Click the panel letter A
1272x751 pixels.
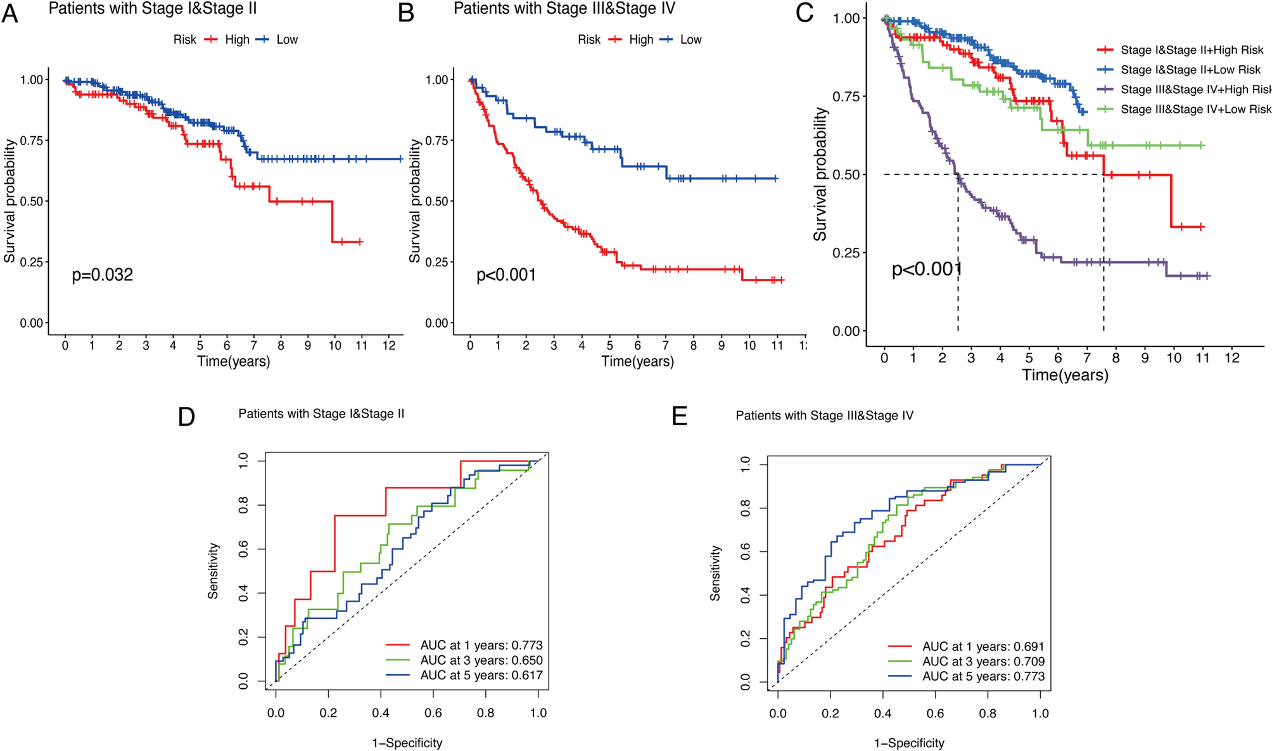pos(10,14)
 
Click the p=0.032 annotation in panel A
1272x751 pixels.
pos(102,275)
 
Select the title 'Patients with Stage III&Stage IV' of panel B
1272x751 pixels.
pos(564,9)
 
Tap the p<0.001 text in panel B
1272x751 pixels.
pos(506,275)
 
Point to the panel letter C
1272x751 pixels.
pos(805,13)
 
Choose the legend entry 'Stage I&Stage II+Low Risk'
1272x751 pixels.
pos(1190,70)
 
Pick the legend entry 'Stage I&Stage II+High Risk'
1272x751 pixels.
pos(1192,50)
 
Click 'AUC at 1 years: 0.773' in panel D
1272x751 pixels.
pos(481,645)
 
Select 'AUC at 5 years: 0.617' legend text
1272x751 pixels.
pos(481,676)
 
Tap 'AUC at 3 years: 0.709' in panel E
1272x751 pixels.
pos(983,662)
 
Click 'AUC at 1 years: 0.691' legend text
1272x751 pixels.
pos(983,646)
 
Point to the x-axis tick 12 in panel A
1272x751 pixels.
pos(389,346)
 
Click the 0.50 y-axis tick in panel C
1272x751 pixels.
pos(846,174)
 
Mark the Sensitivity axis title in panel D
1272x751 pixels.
pos(213,570)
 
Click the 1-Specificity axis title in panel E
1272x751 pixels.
pos(909,743)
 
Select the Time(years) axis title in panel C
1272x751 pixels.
pos(1065,375)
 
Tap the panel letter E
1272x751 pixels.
pos(679,417)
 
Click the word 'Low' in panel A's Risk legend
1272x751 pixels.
pos(287,39)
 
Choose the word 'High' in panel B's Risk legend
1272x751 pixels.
pos(641,39)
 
